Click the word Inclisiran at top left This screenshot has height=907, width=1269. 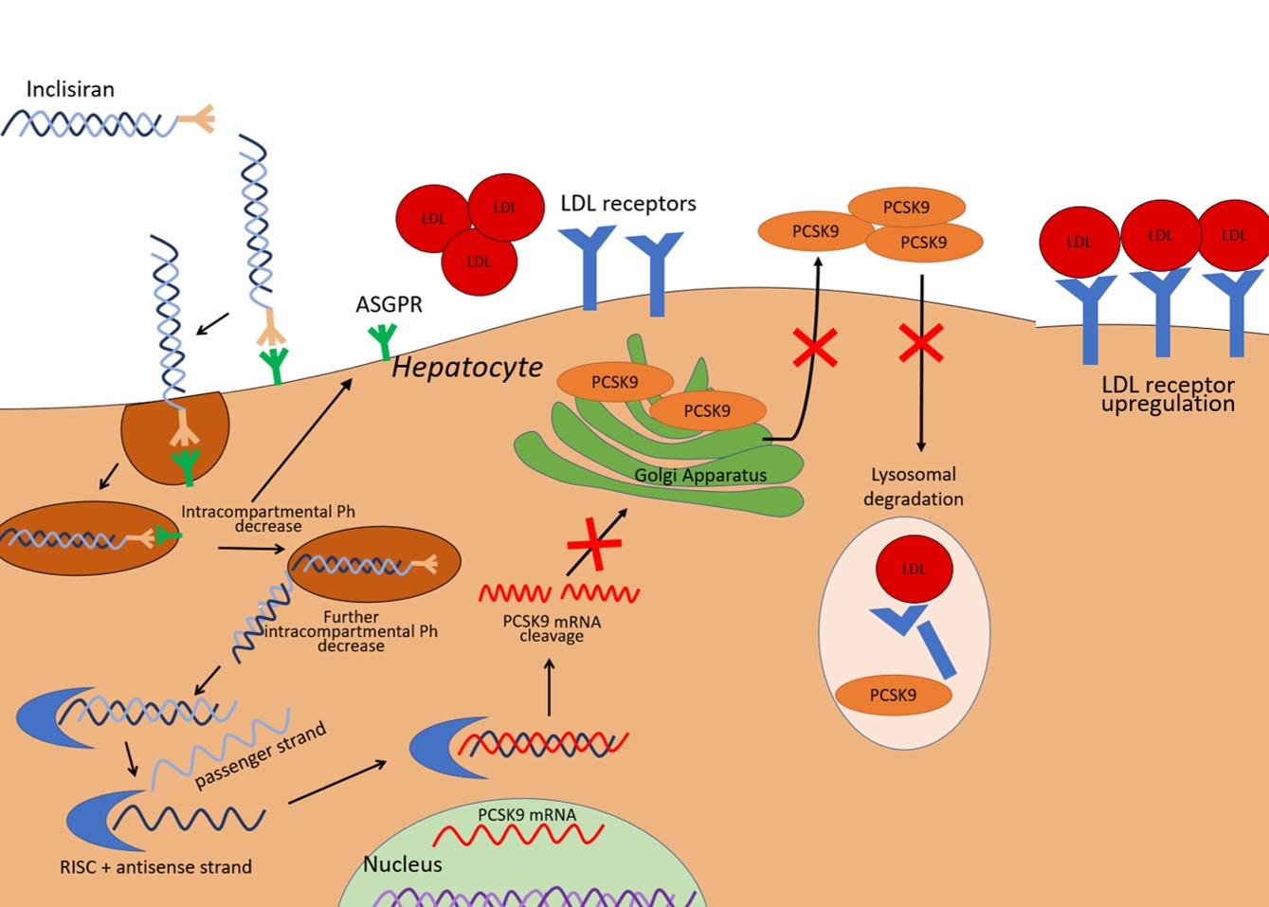coord(70,89)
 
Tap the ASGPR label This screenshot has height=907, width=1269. coord(389,304)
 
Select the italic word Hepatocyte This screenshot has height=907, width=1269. coord(467,368)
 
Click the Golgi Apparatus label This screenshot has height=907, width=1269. coord(700,475)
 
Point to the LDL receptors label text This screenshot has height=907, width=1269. coord(628,204)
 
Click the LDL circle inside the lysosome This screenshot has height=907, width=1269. coord(914,569)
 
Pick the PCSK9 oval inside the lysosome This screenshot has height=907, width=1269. coord(893,695)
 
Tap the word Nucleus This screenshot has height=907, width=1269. coord(403,864)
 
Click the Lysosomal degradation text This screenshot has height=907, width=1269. coord(914,486)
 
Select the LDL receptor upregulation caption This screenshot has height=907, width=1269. coord(1168,394)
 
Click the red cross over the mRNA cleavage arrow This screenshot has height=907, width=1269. coord(594,543)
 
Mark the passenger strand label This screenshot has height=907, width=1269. coord(261,755)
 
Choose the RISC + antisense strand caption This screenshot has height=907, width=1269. coord(155,867)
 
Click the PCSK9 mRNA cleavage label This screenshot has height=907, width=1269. coord(552,628)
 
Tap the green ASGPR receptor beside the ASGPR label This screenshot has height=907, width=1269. coord(383,339)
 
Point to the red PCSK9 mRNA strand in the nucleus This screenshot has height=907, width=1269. coord(517,834)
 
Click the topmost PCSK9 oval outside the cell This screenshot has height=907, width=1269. coord(906,207)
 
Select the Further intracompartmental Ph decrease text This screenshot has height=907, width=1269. coord(351,631)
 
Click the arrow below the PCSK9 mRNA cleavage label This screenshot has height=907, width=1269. coord(550,687)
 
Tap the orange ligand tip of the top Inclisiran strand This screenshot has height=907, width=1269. coord(199,119)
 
